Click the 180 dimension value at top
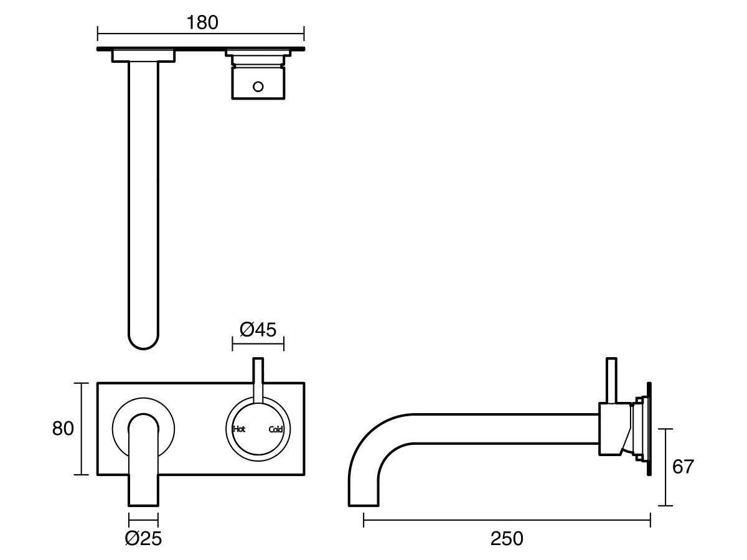[x=202, y=22]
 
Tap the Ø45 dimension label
[x=258, y=329]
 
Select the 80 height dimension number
[x=63, y=429]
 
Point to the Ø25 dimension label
[x=143, y=538]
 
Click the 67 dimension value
[x=683, y=467]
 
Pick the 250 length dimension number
[x=507, y=538]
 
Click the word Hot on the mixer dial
[x=239, y=429]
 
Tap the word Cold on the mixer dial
[x=276, y=429]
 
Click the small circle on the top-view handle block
[x=258, y=86]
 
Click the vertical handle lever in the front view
[x=258, y=380]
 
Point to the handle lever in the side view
[x=611, y=380]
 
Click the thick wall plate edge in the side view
[x=649, y=429]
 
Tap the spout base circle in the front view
[x=120, y=429]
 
